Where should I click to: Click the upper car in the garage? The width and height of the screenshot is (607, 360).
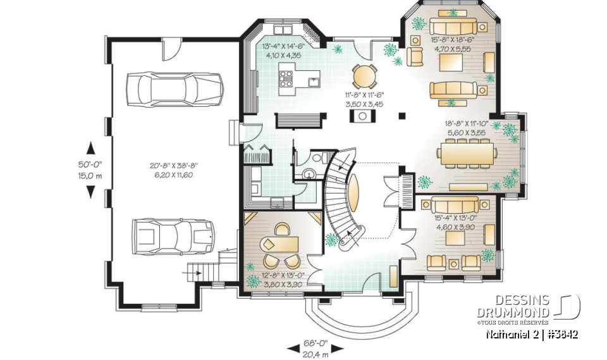pos(175,88)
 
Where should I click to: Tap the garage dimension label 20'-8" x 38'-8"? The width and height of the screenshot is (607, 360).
pos(171,170)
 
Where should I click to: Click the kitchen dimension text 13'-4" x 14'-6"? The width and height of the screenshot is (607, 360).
pos(283,50)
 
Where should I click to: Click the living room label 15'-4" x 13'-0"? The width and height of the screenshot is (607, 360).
pos(455,222)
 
